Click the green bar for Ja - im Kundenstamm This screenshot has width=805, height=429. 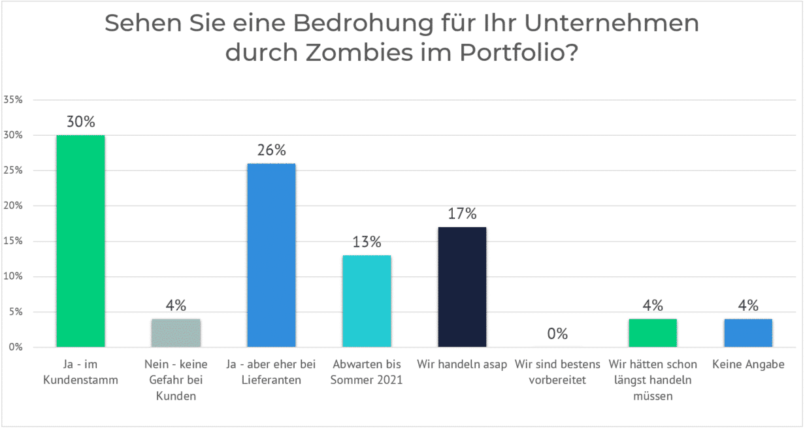pyautogui.click(x=80, y=241)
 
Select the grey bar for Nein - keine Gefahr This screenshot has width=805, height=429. pyautogui.click(x=176, y=333)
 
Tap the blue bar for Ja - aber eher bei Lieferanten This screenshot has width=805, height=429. pyautogui.click(x=271, y=255)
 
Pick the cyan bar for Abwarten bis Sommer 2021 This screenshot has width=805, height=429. pyautogui.click(x=367, y=301)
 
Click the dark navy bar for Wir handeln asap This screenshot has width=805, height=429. pyautogui.click(x=462, y=287)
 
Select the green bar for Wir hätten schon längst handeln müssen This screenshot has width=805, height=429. pyautogui.click(x=653, y=333)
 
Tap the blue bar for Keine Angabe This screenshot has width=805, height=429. pyautogui.click(x=748, y=333)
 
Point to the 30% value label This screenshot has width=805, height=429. pyautogui.click(x=80, y=121)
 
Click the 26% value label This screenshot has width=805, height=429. pyautogui.click(x=271, y=150)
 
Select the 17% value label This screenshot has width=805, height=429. pyautogui.click(x=462, y=214)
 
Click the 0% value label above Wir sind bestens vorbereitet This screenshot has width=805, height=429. pyautogui.click(x=557, y=334)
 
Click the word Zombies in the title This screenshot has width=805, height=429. pyautogui.click(x=358, y=52)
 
